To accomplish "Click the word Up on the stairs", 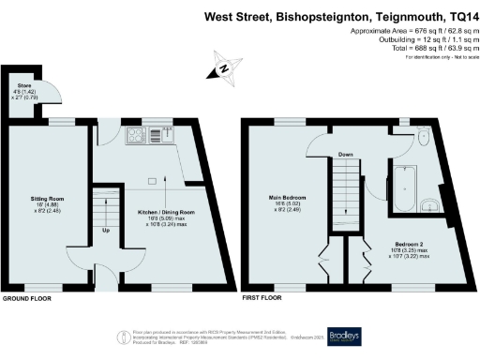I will tap(105, 230).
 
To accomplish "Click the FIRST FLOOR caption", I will tap(262, 299).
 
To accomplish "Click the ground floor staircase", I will tap(105, 206).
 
